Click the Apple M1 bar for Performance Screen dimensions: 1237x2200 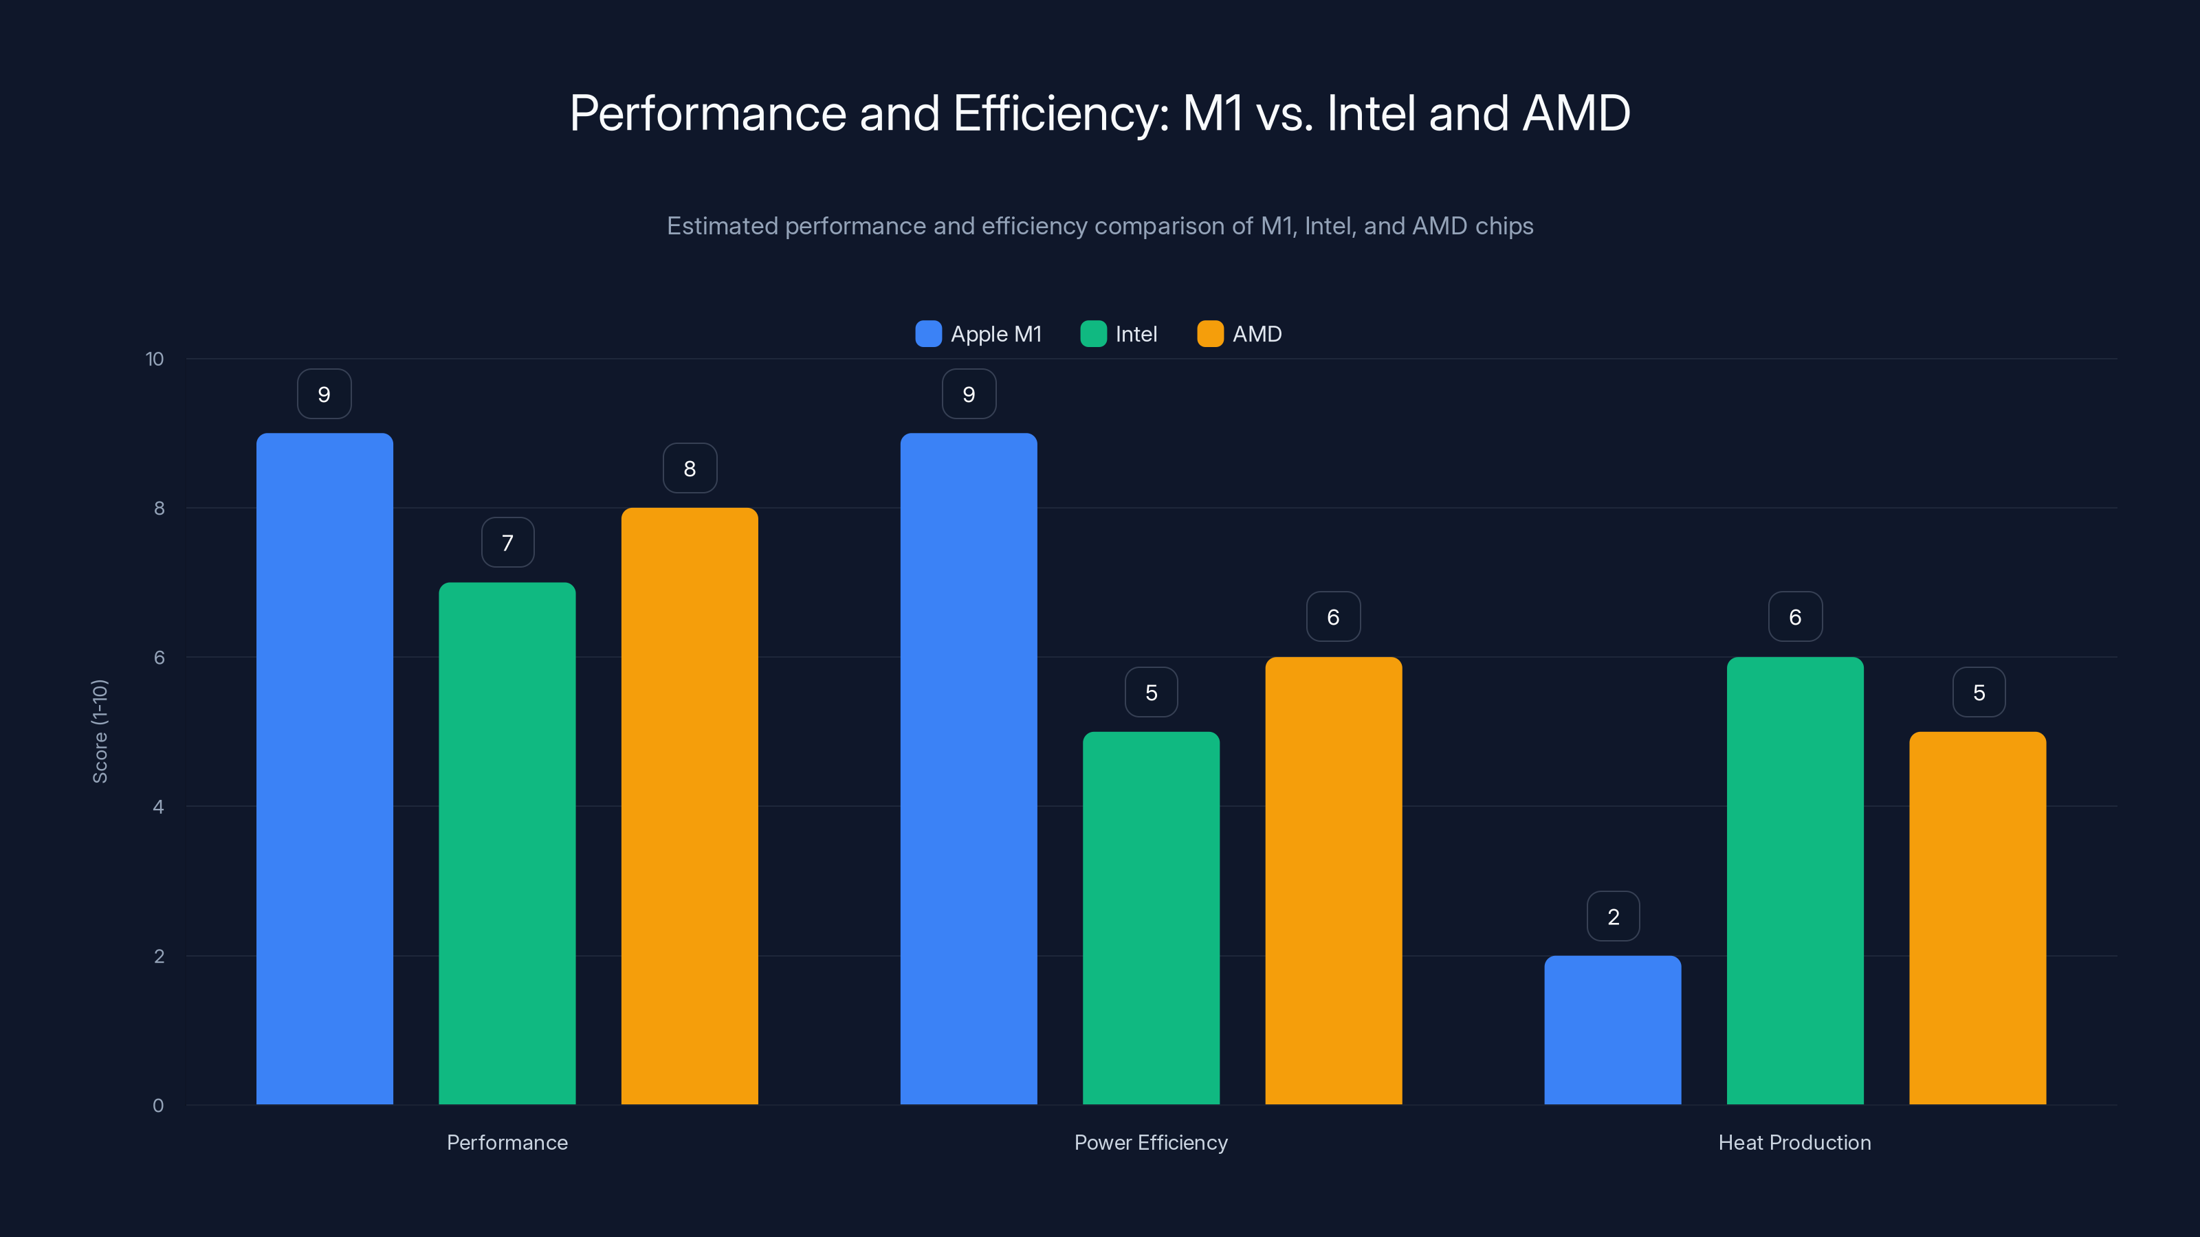coord(324,768)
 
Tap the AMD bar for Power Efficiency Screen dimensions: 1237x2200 coord(1333,880)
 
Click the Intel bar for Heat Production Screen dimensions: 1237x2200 coord(1795,880)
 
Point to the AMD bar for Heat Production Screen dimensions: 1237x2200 coord(1977,917)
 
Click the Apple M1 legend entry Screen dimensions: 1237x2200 coord(979,334)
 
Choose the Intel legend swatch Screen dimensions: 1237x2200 coord(1093,334)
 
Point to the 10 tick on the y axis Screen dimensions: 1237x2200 coord(155,359)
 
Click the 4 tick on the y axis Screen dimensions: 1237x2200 coord(158,807)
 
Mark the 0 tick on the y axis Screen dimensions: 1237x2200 coord(158,1106)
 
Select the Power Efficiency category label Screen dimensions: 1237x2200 coord(1150,1142)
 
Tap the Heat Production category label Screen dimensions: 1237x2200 coord(1794,1142)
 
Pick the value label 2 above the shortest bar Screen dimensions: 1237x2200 coord(1612,916)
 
